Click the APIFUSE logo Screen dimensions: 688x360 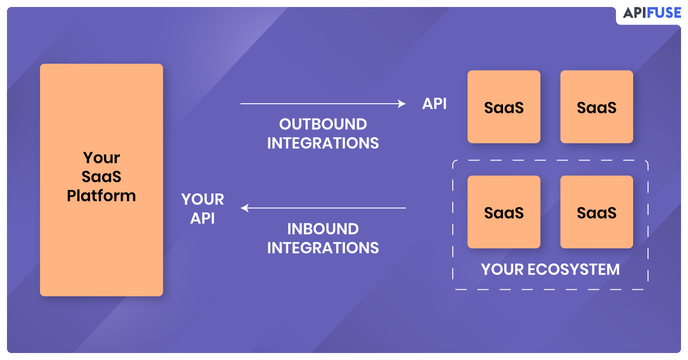pos(652,13)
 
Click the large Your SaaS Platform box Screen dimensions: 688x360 pos(101,180)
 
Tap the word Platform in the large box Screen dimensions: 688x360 pos(101,196)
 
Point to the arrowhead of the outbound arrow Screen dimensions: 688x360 pos(402,104)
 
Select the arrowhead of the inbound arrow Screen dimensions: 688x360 pos(245,208)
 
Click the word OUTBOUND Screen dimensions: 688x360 pos(323,124)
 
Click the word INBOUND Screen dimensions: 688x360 pos(323,229)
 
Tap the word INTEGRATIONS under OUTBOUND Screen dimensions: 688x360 pos(323,143)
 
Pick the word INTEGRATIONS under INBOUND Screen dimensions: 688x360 pos(323,248)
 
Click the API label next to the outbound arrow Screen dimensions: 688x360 pos(434,104)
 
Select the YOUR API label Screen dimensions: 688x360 pos(202,209)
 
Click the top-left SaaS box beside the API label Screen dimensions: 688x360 pos(504,107)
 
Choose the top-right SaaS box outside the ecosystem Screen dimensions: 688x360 pos(597,107)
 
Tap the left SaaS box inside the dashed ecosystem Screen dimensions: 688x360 pos(504,212)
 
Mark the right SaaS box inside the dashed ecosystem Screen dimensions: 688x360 pos(597,212)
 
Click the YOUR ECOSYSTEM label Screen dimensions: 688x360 pos(550,270)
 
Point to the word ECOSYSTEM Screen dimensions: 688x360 pos(574,270)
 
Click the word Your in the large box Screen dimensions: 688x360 pos(101,158)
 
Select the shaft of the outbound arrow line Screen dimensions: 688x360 pos(319,104)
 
